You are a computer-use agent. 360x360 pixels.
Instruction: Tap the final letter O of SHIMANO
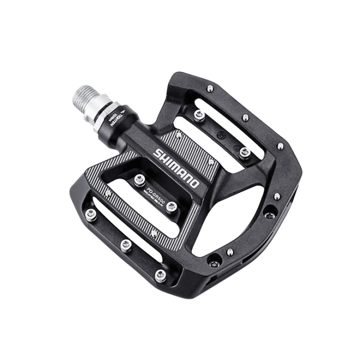click(x=195, y=183)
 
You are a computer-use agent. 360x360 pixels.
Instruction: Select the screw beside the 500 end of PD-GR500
click(x=172, y=205)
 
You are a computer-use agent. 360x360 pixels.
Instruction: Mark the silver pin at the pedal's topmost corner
click(x=209, y=88)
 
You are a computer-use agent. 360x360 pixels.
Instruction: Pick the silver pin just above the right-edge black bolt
click(x=277, y=197)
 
